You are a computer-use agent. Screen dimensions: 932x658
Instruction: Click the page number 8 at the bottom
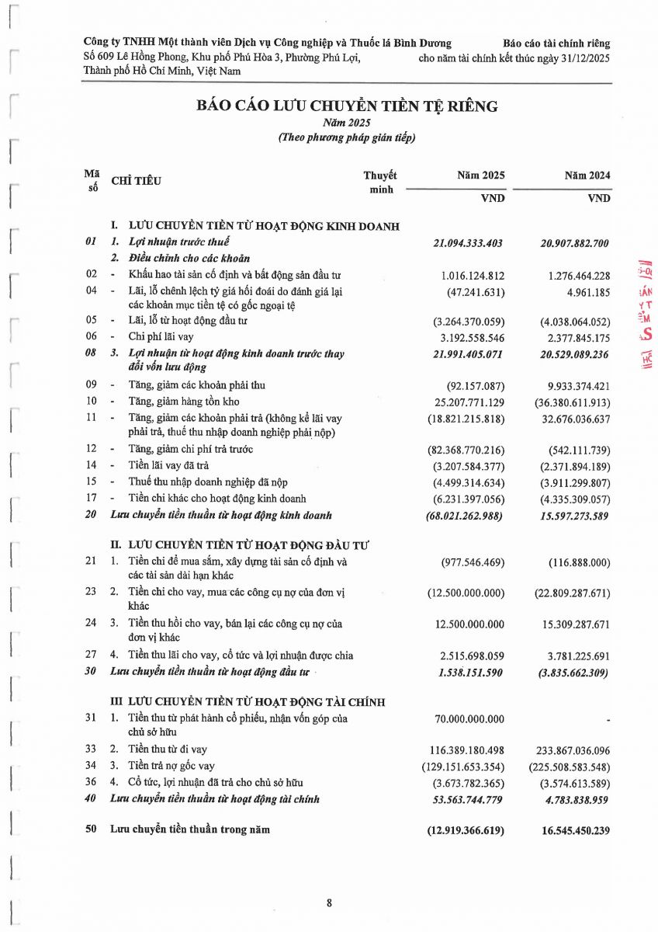329,902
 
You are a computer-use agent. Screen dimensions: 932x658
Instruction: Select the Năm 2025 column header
481,176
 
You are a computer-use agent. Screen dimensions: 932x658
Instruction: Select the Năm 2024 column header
587,176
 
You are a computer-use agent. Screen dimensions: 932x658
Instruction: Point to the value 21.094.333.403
468,243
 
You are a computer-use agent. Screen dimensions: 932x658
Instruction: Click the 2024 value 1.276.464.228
573,274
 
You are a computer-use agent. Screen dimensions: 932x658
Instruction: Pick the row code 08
91,353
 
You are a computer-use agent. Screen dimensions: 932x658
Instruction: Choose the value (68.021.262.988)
465,515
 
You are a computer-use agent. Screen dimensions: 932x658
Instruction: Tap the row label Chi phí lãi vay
161,337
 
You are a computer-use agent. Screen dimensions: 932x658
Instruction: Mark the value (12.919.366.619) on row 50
466,830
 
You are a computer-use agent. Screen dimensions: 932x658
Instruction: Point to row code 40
91,798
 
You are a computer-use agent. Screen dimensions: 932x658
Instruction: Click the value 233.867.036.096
573,749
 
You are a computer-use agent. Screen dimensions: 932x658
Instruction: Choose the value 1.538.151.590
471,671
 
